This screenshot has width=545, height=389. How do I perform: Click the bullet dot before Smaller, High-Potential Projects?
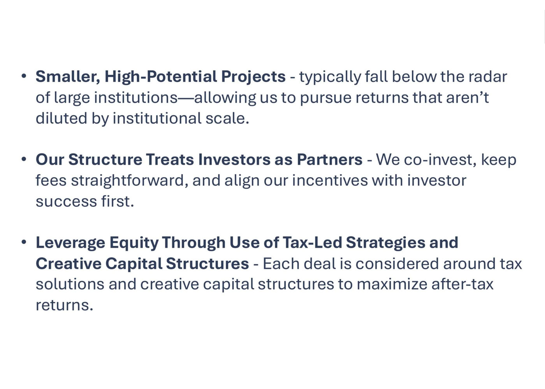(24, 76)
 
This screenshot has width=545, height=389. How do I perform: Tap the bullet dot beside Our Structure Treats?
(24, 159)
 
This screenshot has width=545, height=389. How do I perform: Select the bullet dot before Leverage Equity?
(24, 242)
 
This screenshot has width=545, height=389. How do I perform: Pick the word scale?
(227, 118)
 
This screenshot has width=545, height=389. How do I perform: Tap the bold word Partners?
(330, 160)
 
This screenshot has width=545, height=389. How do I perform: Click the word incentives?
(330, 180)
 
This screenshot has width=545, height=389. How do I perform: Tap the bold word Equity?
(134, 243)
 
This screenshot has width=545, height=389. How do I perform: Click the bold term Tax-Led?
(312, 243)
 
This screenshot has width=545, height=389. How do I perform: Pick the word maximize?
(392, 284)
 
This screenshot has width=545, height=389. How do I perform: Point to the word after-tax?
(462, 284)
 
